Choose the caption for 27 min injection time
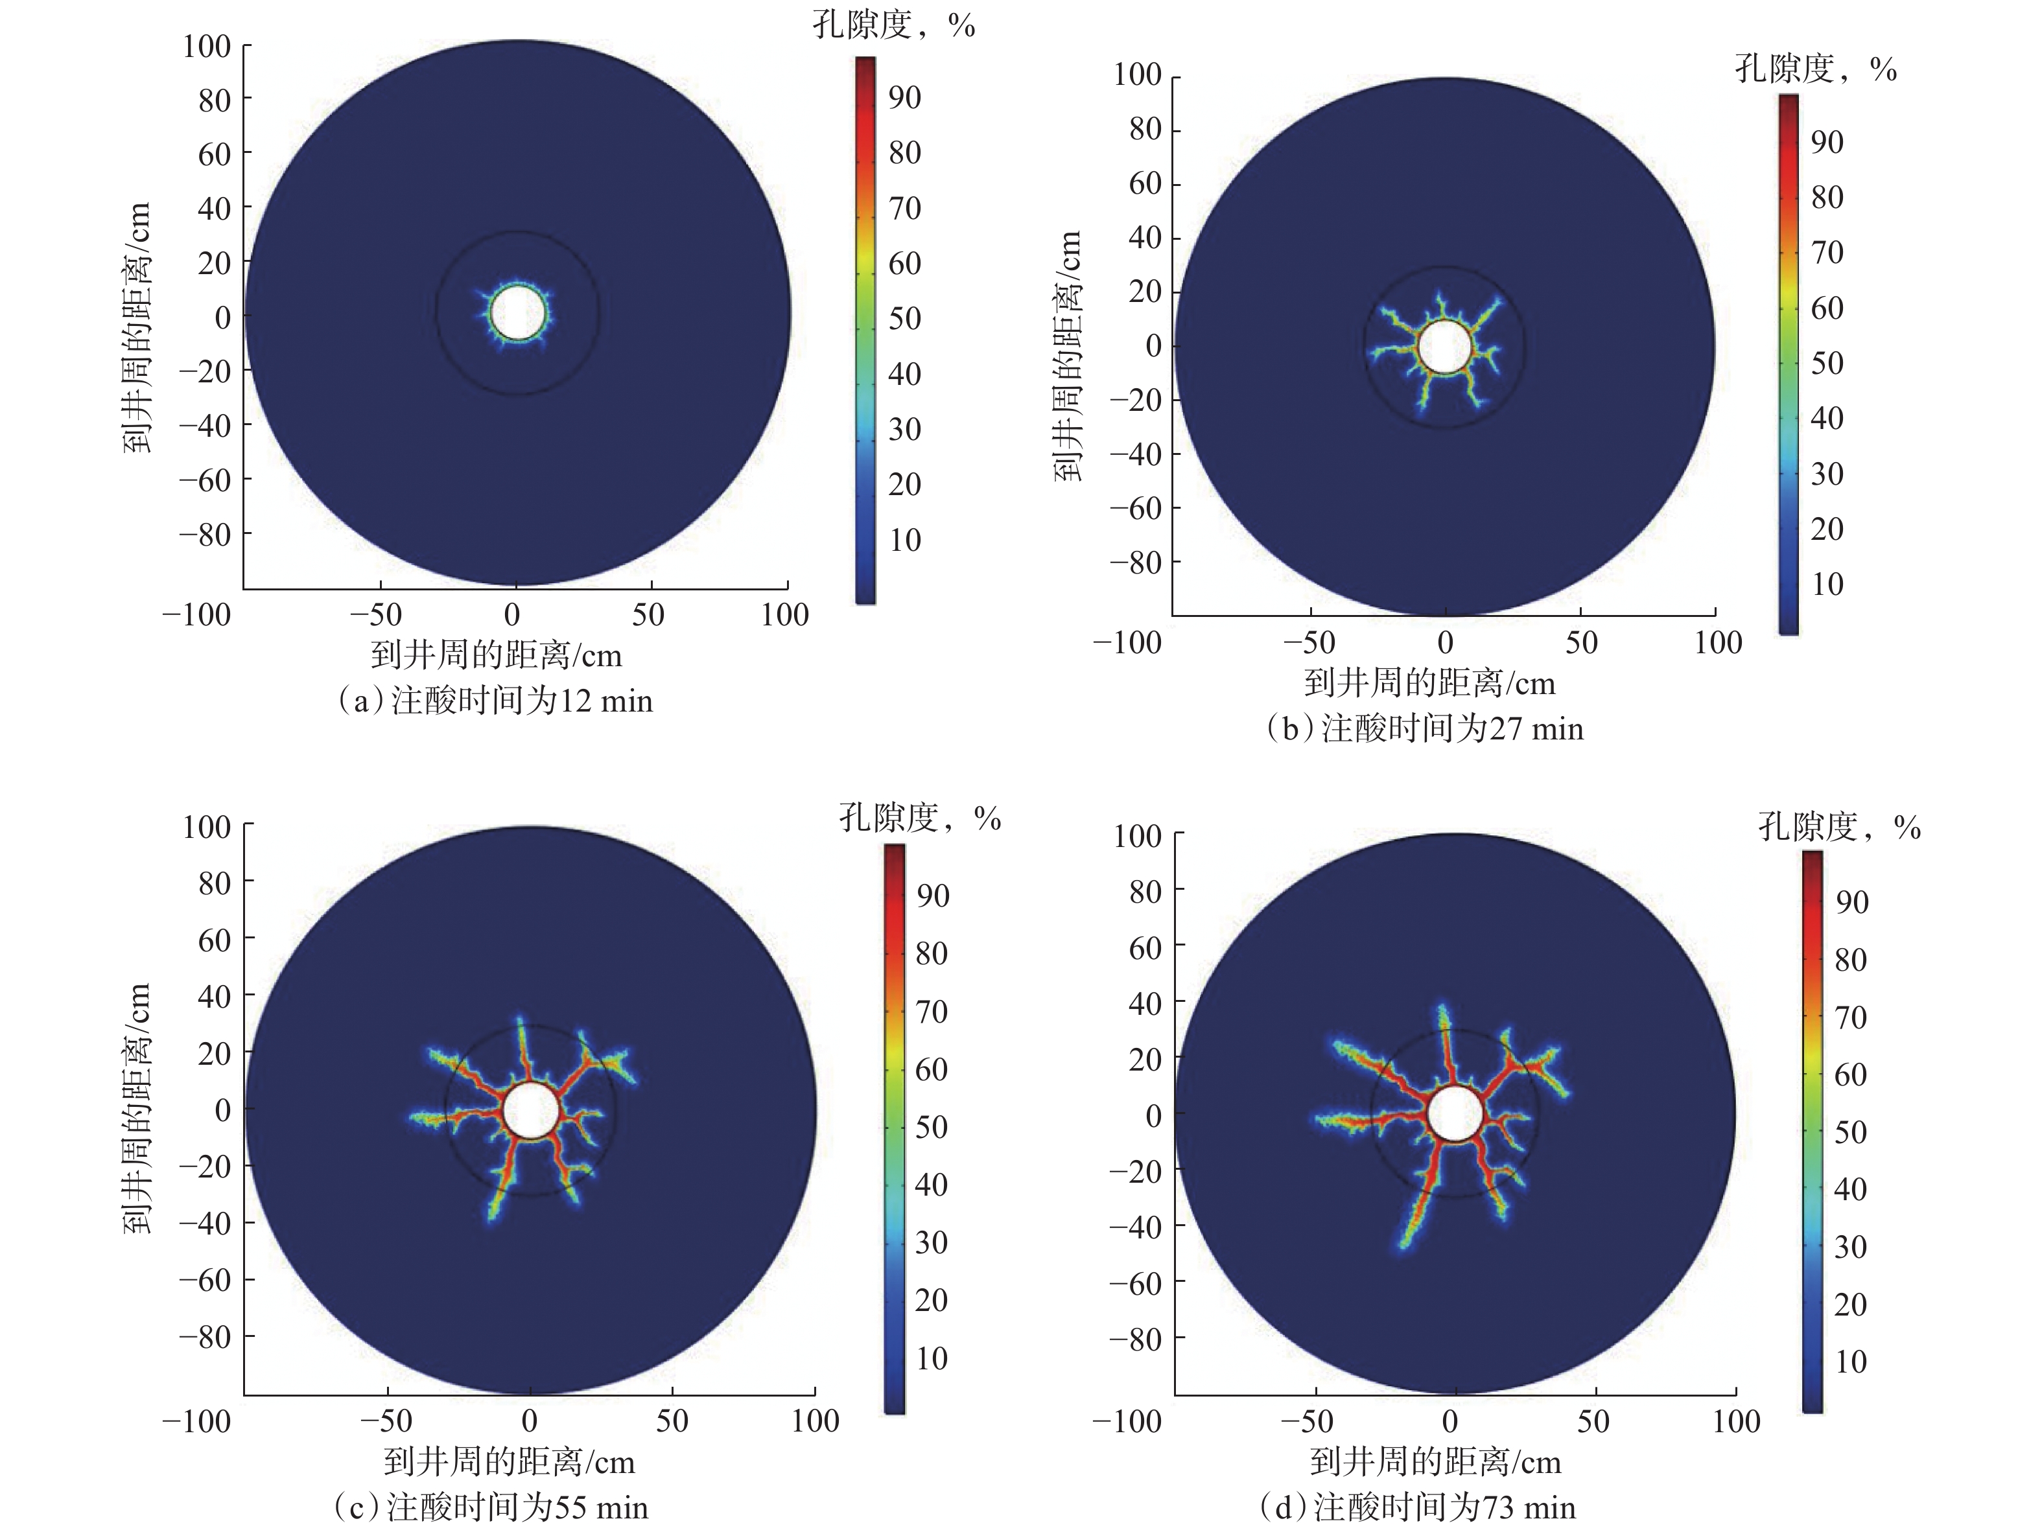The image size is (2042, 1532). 1424,729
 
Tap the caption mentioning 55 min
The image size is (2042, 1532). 490,1507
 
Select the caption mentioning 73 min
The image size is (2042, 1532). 1418,1507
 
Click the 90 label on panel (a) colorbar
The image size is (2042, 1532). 905,98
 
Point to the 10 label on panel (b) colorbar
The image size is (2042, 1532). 1827,584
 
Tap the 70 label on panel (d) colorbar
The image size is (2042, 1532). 1851,1017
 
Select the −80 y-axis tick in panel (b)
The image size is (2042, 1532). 1136,562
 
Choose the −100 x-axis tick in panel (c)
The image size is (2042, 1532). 196,1421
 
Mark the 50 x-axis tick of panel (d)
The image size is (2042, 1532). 1594,1421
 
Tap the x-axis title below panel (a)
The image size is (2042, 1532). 497,655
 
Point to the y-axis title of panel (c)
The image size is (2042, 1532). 137,1108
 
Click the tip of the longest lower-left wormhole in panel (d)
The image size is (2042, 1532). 1403,1246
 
